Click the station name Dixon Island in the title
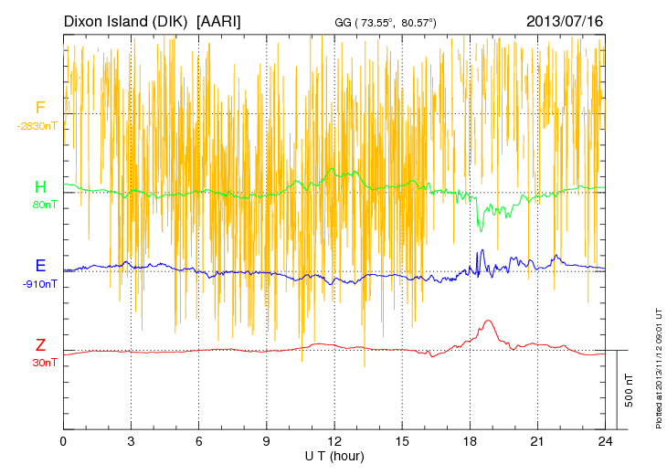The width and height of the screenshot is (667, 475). point(127,20)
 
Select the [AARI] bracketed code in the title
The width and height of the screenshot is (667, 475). point(219,20)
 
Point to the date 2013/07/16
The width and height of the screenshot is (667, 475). point(565,20)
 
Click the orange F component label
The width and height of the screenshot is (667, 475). point(40,108)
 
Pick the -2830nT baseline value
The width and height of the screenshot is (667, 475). point(37,125)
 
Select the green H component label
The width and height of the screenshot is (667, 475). point(40,187)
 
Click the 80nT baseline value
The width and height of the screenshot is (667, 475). point(44,205)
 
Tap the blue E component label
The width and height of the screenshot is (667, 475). point(40,266)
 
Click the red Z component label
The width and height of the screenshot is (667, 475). point(40,345)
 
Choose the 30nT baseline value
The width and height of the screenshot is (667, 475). point(44,363)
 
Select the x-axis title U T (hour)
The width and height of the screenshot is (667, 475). point(334,455)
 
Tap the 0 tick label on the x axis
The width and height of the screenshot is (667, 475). point(63,441)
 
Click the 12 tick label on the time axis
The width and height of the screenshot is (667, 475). point(334,441)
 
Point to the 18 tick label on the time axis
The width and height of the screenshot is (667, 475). point(471,441)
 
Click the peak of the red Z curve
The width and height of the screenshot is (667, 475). point(489,321)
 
